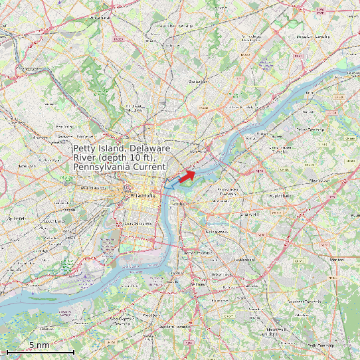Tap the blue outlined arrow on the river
pyautogui.click(x=170, y=185)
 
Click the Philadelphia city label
pyautogui.click(x=143, y=197)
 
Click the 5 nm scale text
pyautogui.click(x=39, y=345)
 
